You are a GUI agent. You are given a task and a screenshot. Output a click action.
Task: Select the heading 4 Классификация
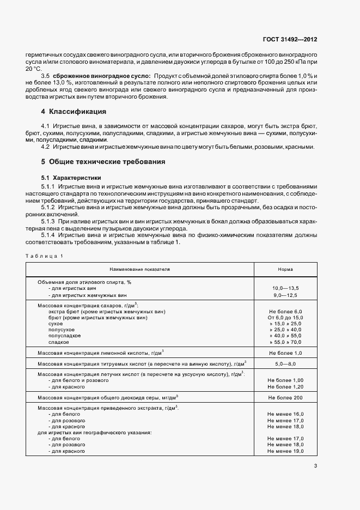(x=74, y=112)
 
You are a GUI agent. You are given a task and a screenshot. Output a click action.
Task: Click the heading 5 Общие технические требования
(x=103, y=162)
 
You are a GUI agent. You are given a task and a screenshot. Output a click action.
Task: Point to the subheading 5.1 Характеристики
(x=71, y=178)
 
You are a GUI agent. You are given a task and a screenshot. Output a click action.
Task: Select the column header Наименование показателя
(x=139, y=269)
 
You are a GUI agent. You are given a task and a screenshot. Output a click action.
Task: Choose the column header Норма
(x=285, y=269)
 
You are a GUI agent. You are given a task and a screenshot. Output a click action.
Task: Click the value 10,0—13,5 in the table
(x=285, y=288)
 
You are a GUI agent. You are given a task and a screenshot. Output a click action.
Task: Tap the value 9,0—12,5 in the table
(x=285, y=294)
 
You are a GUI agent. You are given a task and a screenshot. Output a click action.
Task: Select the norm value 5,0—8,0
(x=285, y=363)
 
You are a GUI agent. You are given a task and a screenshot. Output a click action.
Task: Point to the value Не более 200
(x=285, y=397)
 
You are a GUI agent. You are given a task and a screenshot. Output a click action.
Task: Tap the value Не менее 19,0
(x=285, y=451)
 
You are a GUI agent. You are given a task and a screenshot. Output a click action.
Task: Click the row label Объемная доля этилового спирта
(x=84, y=282)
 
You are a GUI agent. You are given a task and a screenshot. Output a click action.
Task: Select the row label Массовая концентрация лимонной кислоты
(x=101, y=353)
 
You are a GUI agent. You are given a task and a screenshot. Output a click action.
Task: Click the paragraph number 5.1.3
(x=50, y=222)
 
